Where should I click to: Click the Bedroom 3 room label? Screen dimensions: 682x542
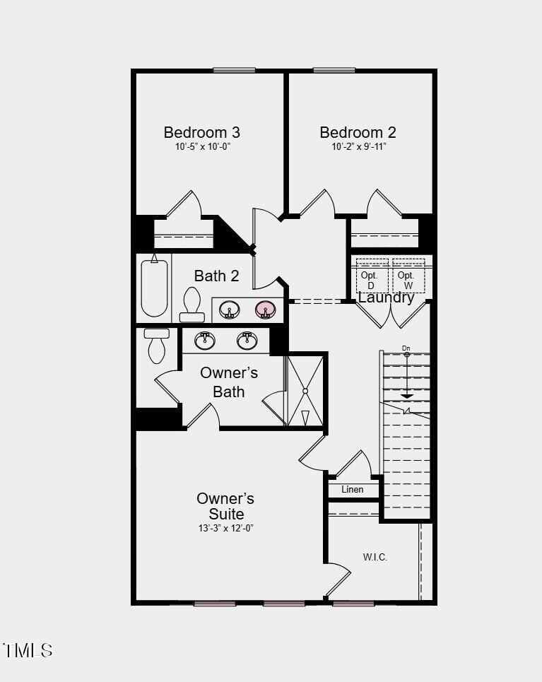click(201, 132)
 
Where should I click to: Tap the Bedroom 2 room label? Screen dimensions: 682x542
click(358, 132)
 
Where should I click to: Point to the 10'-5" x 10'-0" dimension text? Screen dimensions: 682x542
click(203, 147)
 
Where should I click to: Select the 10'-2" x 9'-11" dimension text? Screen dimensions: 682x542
click(359, 147)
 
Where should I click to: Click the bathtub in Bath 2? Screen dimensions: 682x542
click(154, 288)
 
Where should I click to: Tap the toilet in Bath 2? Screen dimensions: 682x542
click(192, 304)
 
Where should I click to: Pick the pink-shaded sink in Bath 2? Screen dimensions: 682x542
click(265, 309)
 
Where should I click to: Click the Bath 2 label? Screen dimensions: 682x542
click(216, 276)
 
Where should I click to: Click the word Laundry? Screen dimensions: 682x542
click(386, 298)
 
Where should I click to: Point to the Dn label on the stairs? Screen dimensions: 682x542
click(406, 348)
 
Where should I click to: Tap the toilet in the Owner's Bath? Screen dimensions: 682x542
click(156, 344)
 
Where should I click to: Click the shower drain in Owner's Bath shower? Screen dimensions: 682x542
click(305, 390)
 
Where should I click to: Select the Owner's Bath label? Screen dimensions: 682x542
click(228, 382)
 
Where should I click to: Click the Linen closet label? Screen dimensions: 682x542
click(352, 489)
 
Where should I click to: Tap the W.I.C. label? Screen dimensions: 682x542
click(375, 557)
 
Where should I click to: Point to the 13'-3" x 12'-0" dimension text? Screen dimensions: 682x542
click(225, 528)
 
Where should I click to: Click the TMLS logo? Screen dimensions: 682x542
click(28, 650)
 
